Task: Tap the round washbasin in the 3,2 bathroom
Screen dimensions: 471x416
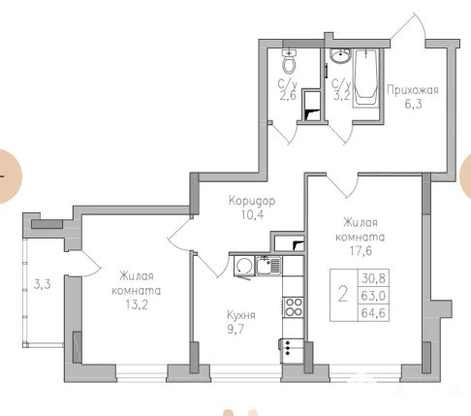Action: (340, 55)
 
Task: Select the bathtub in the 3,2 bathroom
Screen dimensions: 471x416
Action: (366, 78)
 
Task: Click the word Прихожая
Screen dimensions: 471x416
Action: (413, 90)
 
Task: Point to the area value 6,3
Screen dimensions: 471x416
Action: (413, 104)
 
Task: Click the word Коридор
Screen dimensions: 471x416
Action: (252, 201)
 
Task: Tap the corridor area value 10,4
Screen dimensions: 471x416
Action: (252, 214)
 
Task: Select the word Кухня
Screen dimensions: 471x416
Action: (241, 315)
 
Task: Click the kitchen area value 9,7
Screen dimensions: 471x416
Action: (235, 329)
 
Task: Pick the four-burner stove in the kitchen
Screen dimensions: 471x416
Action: (294, 306)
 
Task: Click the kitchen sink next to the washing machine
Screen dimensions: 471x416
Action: (268, 266)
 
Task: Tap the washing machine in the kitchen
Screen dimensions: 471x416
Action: (244, 267)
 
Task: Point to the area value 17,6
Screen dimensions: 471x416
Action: (361, 250)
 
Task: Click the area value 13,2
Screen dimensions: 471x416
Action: (137, 304)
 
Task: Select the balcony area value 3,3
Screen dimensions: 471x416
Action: (43, 285)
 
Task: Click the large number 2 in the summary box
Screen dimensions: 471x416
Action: (343, 295)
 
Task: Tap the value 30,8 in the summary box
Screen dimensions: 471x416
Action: (373, 278)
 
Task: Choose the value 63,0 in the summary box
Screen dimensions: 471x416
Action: (373, 296)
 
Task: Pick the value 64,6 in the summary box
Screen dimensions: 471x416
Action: (373, 313)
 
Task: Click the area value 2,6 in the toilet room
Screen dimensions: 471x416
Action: (288, 96)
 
